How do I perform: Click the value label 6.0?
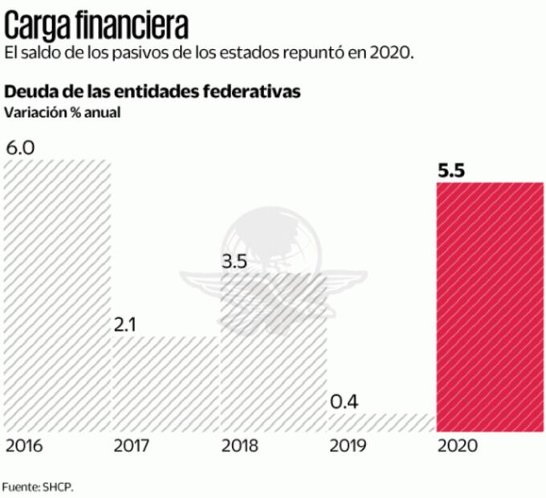tap(20, 149)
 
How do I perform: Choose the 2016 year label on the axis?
tap(24, 446)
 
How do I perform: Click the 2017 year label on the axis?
tap(132, 446)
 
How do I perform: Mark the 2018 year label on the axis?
tap(242, 446)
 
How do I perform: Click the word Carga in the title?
tap(40, 26)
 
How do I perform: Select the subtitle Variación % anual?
tap(63, 112)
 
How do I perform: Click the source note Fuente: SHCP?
tap(42, 486)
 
